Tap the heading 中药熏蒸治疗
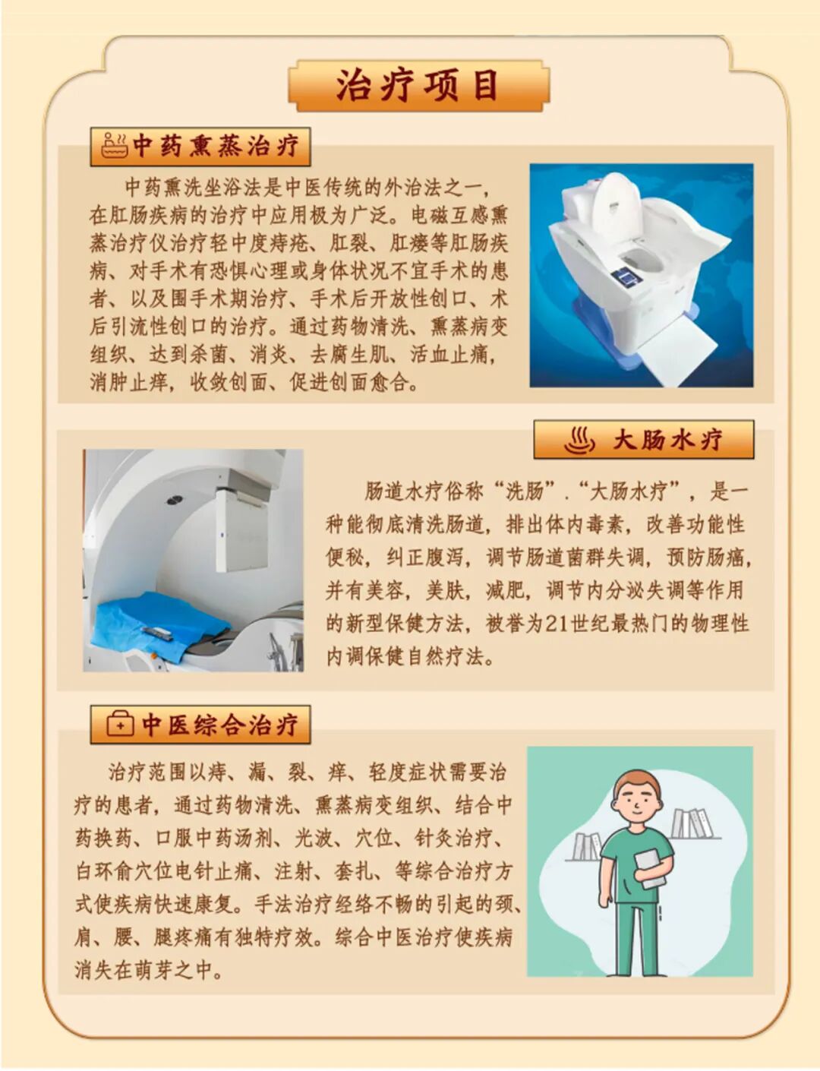[216, 146]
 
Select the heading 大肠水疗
[667, 440]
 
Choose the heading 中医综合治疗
[219, 725]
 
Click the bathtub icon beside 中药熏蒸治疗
[114, 145]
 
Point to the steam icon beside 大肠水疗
[579, 440]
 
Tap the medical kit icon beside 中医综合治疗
[119, 725]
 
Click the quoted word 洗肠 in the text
[525, 491]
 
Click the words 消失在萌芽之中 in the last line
[143, 970]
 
